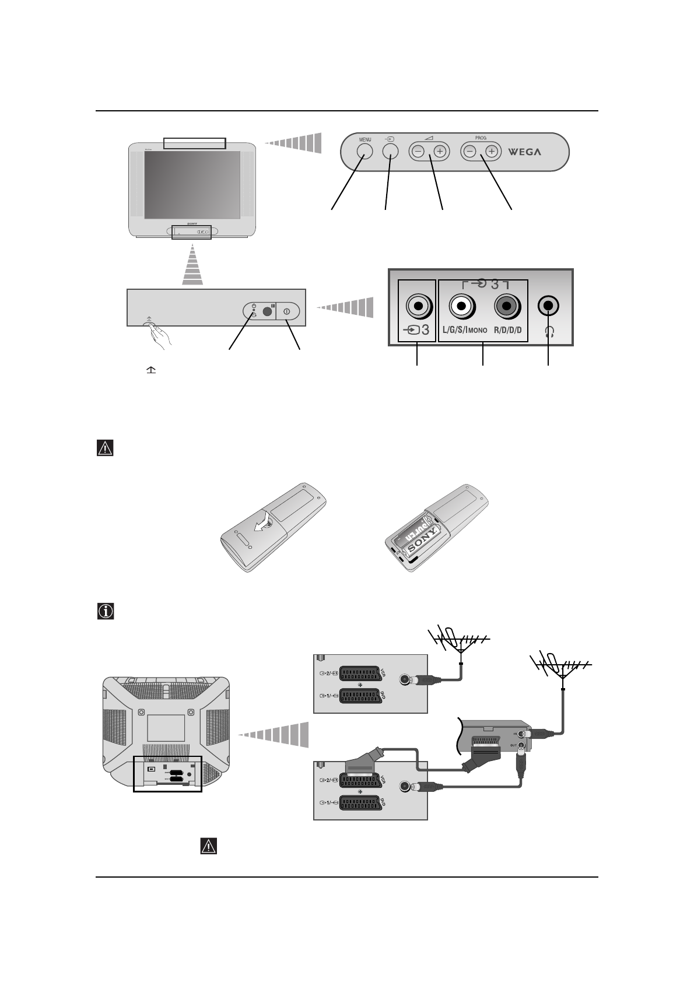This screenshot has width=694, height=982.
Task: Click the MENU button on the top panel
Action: pyautogui.click(x=364, y=150)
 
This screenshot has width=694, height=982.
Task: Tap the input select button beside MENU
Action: pyautogui.click(x=390, y=150)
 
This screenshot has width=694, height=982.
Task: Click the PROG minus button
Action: pyautogui.click(x=469, y=152)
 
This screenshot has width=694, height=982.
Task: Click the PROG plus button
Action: pyautogui.click(x=492, y=152)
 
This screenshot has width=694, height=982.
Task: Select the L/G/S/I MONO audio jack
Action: pyautogui.click(x=461, y=305)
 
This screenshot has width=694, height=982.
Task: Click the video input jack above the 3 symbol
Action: pyautogui.click(x=418, y=305)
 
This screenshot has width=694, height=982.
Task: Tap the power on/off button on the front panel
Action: pyautogui.click(x=287, y=312)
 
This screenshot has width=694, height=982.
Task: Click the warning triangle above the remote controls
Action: pyautogui.click(x=105, y=448)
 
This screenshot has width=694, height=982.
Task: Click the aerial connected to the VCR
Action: pyautogui.click(x=561, y=665)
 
